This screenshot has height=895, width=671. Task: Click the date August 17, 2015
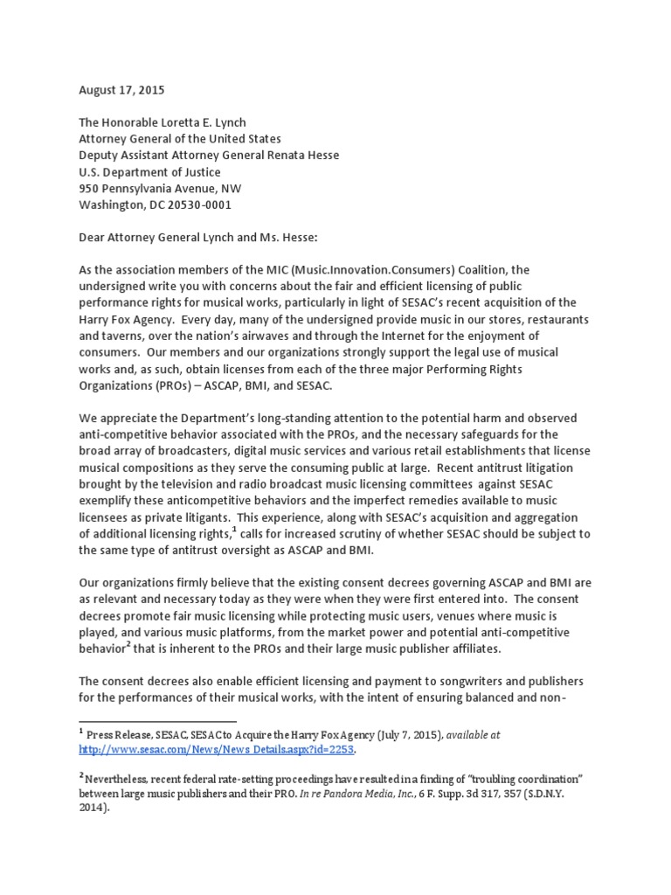(x=121, y=90)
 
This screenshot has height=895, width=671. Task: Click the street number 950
(x=91, y=188)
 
